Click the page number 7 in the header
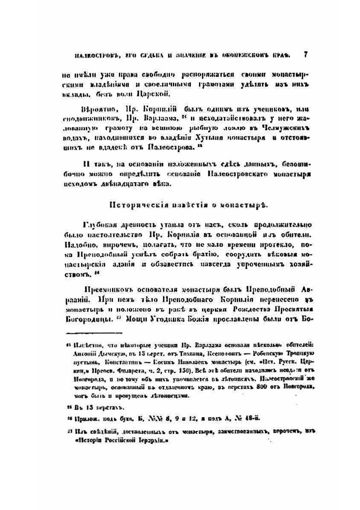click(x=306, y=55)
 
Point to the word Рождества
click(x=250, y=309)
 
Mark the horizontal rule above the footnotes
click(x=95, y=333)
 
